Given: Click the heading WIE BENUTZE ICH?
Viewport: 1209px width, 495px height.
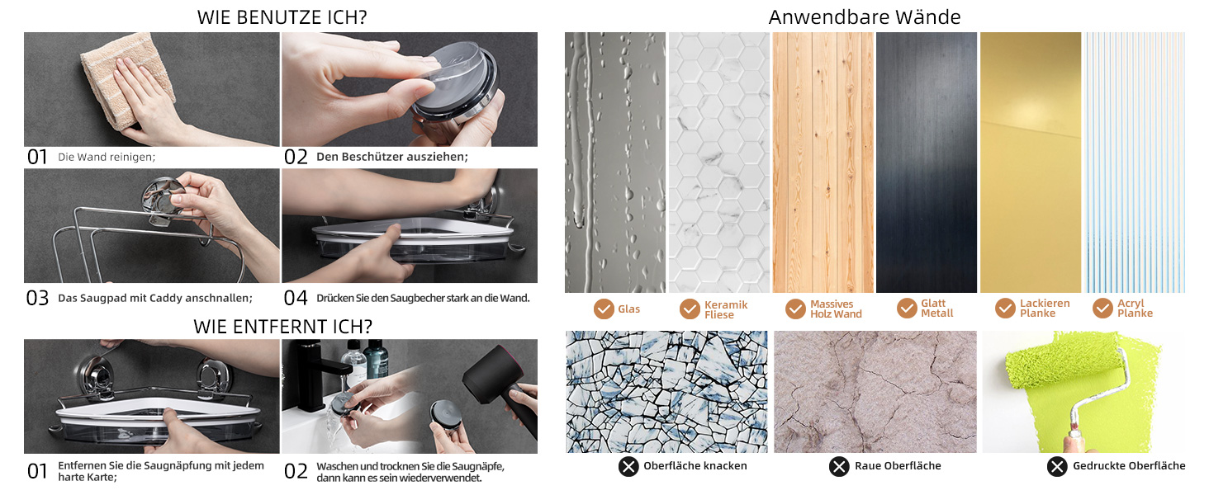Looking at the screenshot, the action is click(x=282, y=17).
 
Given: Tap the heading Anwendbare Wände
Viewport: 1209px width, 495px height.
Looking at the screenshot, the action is click(x=864, y=17).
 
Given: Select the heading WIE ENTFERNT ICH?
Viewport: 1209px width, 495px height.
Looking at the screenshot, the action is click(x=282, y=326).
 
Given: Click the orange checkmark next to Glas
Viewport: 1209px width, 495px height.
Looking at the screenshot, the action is click(x=604, y=309).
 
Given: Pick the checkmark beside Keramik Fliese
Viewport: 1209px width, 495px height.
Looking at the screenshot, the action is click(x=690, y=309).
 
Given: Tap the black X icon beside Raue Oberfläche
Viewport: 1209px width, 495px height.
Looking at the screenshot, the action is click(x=839, y=466).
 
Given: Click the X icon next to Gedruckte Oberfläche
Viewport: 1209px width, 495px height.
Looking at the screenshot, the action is click(x=1057, y=466).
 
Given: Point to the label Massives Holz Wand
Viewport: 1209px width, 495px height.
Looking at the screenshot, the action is click(x=836, y=309).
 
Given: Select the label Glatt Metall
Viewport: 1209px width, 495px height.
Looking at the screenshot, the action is click(x=937, y=308).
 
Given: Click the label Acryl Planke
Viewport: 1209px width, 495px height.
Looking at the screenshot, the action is click(x=1135, y=308).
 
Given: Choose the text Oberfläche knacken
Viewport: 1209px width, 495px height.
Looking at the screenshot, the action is click(x=695, y=466).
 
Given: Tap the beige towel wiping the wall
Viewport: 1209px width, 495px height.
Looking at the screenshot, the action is click(x=129, y=78).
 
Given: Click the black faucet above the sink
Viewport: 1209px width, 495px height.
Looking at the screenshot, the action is click(x=313, y=372).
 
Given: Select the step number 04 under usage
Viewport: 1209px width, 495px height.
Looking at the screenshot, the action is click(x=296, y=298).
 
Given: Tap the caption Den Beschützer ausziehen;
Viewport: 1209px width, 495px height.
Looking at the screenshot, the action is click(x=391, y=157).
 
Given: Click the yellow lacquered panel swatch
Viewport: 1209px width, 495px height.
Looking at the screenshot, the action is click(x=1031, y=163).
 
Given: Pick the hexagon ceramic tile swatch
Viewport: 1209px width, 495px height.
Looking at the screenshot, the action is click(x=719, y=163).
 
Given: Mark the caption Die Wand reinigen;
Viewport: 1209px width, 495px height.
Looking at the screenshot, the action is click(x=107, y=157).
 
